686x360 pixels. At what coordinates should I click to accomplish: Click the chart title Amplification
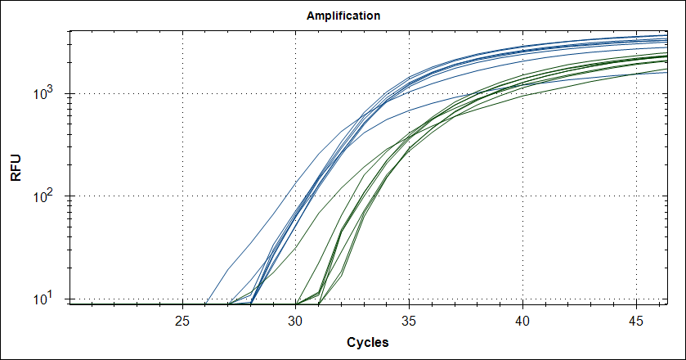[343, 16]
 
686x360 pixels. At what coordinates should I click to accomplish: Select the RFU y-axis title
[16, 167]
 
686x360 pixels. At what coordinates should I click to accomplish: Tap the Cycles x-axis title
[367, 341]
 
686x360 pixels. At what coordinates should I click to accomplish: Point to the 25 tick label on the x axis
[182, 319]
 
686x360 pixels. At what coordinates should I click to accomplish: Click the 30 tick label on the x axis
[296, 319]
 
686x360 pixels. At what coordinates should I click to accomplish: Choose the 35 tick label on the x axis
[410, 319]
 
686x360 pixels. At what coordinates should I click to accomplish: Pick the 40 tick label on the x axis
[523, 319]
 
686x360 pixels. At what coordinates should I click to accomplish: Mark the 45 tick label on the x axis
[637, 319]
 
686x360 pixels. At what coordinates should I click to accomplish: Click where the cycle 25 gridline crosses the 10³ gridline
[182, 93]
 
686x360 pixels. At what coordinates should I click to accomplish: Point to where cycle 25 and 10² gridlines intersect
[182, 196]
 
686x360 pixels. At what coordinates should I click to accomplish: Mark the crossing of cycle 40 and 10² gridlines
[523, 196]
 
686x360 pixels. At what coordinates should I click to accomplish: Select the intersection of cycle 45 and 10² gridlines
[637, 196]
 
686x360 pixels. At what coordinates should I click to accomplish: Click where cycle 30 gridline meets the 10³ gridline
[296, 93]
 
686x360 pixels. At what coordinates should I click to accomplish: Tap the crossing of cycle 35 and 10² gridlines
[410, 196]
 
